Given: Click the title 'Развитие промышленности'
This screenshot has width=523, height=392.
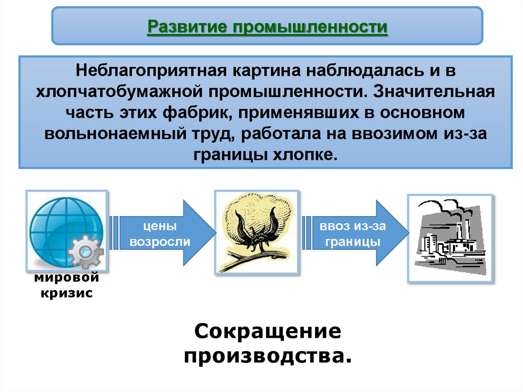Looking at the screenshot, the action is (x=267, y=26).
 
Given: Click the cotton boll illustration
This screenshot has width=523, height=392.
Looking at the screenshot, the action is (x=257, y=233).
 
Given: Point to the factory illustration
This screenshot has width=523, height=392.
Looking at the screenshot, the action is (x=450, y=238).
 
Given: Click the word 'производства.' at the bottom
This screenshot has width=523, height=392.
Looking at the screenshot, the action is (x=268, y=355).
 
